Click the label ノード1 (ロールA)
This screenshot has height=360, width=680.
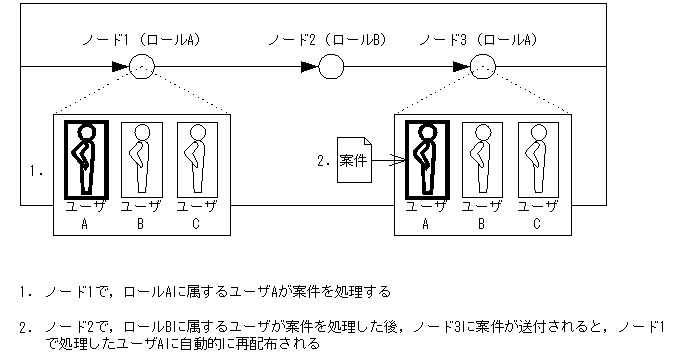coord(141,40)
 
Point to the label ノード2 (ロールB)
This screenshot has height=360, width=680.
coord(327,40)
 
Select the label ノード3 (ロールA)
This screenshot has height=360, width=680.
coord(478,40)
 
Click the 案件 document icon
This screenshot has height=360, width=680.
coord(354,160)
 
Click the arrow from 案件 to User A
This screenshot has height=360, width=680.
coord(388,161)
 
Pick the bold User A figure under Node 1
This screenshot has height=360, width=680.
coord(86,160)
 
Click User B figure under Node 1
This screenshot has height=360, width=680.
coord(142,160)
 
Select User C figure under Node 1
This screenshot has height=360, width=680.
coord(197,160)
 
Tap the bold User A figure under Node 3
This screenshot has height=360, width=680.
coord(427,160)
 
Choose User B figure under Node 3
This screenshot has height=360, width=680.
coord(483,160)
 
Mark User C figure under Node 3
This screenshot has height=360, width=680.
coord(538,160)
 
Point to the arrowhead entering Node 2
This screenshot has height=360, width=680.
coord(310,67)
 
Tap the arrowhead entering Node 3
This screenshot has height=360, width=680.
coord(461,67)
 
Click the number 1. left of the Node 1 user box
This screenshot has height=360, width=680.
coord(36,171)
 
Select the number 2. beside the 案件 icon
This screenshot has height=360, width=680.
coord(324,161)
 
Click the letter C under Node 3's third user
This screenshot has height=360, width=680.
coord(536,224)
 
